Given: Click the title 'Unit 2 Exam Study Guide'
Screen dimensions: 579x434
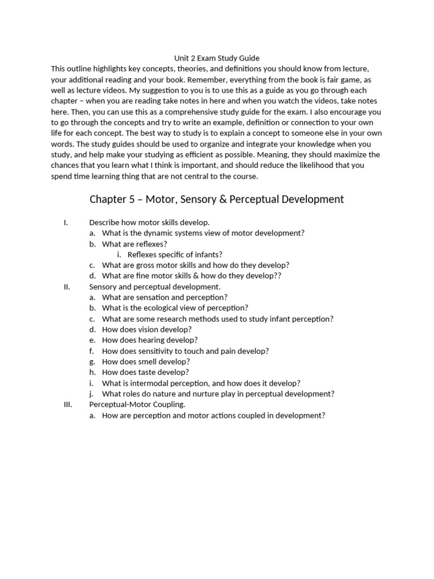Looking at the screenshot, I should (x=216, y=58).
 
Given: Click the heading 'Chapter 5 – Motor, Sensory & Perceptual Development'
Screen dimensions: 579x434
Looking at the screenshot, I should (x=216, y=200).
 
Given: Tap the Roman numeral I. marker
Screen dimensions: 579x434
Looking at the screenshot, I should (x=66, y=222).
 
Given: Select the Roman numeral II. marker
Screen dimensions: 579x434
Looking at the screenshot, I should (x=66, y=287).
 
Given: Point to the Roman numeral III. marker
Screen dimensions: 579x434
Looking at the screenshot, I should (x=67, y=405).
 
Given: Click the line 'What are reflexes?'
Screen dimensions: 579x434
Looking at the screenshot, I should (x=134, y=244).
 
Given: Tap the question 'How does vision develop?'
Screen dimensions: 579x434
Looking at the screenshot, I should (x=147, y=330).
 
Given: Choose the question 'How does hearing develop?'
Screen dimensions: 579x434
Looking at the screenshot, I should (x=150, y=340).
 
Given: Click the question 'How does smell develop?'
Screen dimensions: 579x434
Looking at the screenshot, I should (x=146, y=362).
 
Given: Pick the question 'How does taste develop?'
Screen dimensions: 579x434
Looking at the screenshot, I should (x=145, y=373).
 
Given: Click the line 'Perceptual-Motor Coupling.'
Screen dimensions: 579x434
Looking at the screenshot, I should (x=137, y=405).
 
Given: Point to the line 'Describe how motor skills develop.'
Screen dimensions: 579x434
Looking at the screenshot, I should (x=150, y=222).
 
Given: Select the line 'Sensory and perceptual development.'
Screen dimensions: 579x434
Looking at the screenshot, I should (x=155, y=287).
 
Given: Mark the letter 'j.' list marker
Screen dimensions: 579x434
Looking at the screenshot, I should (x=92, y=394).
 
